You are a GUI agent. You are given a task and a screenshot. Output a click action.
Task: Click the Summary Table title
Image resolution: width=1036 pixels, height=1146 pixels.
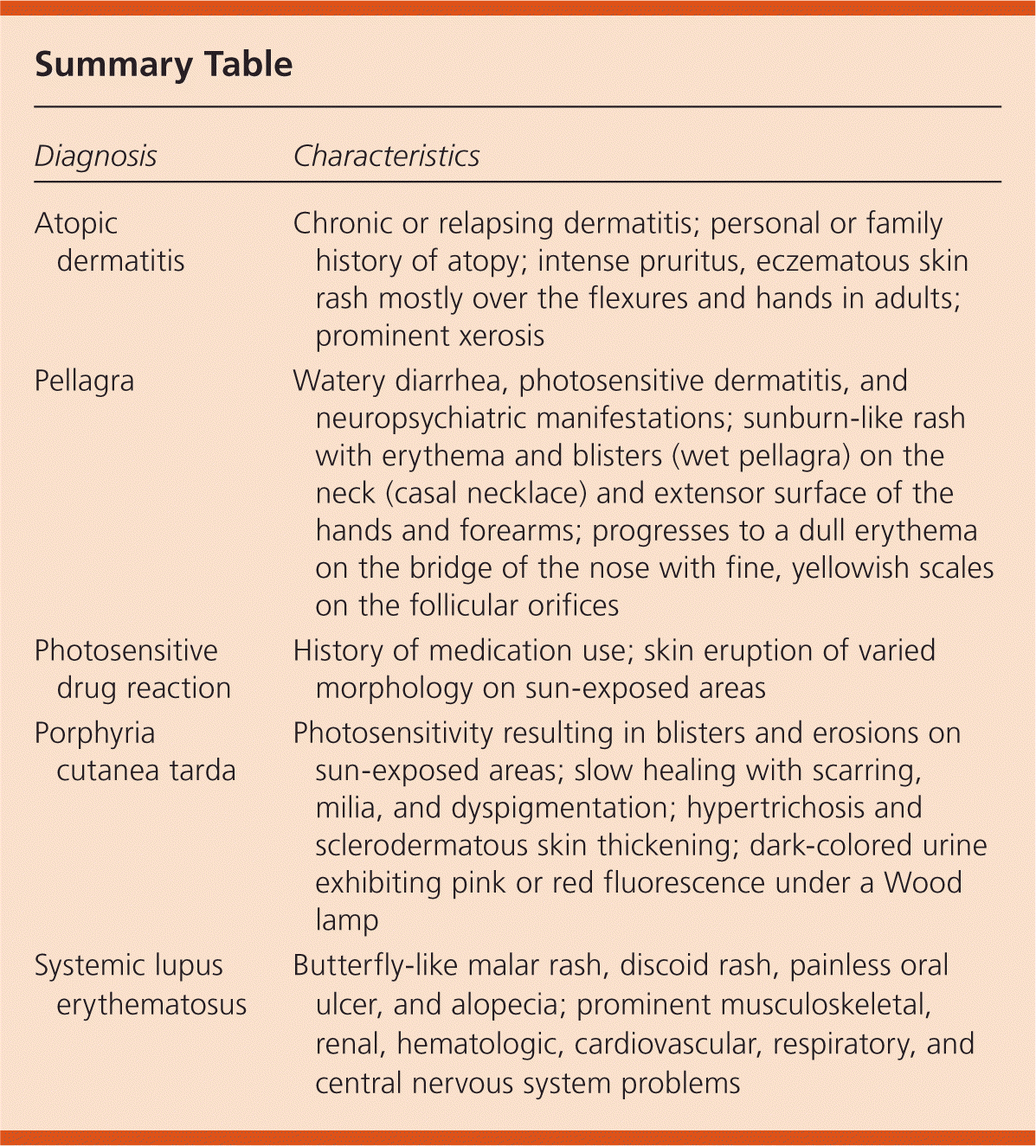pyautogui.click(x=164, y=65)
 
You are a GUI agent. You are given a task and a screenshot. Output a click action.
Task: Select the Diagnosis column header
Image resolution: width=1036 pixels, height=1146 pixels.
pyautogui.click(x=96, y=157)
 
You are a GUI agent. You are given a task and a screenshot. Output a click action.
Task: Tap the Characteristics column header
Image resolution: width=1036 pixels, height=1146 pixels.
pyautogui.click(x=386, y=157)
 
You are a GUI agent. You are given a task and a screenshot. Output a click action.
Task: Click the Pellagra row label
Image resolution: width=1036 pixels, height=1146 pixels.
pyautogui.click(x=84, y=381)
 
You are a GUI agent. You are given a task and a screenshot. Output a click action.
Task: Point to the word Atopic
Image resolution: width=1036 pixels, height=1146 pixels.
pyautogui.click(x=76, y=224)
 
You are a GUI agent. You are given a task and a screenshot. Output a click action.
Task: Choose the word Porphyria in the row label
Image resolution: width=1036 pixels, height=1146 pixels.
pyautogui.click(x=95, y=733)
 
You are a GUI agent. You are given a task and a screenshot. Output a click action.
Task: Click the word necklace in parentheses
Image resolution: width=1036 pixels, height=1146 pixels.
pyautogui.click(x=527, y=493)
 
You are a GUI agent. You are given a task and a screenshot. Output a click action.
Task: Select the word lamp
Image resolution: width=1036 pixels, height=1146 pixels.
pyautogui.click(x=346, y=920)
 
